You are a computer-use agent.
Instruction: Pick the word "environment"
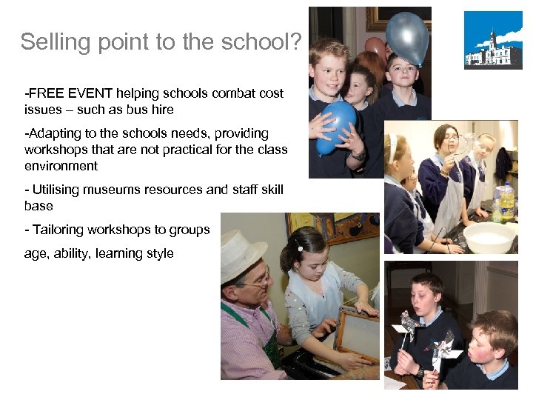pos(61,166)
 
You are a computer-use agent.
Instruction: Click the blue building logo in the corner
pos(492,40)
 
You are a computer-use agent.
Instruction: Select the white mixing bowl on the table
pos(489,236)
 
